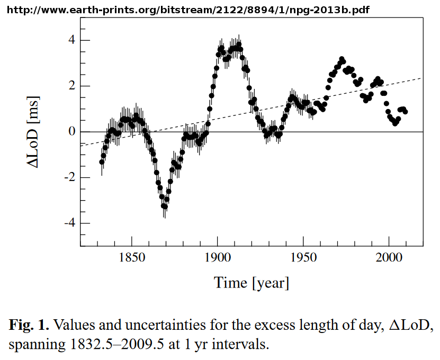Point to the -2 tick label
point(68,178)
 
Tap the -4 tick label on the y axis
point(68,223)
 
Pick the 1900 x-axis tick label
point(218,258)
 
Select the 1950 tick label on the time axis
point(303,258)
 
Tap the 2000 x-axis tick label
point(389,258)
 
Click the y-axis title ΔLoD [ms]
point(34,132)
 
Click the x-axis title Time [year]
point(252,283)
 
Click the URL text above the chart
point(190,10)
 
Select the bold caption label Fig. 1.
point(29,325)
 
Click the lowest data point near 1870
point(165,206)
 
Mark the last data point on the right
point(405,112)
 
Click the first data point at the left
point(102,162)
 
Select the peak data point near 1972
point(342,59)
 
